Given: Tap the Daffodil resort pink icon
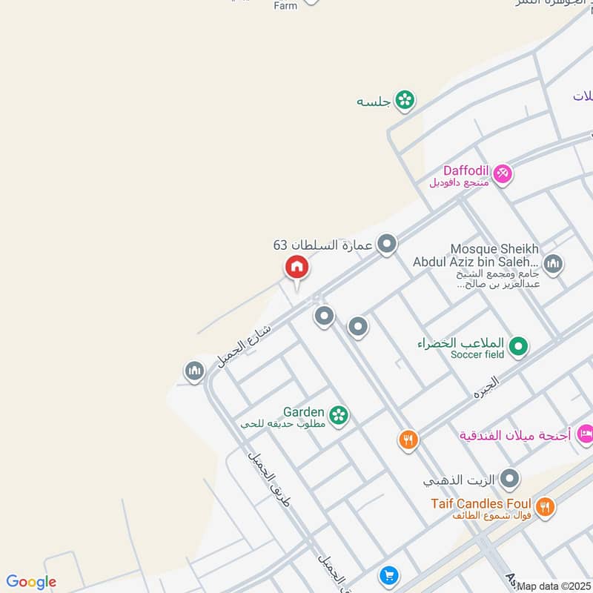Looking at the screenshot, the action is coord(503,173).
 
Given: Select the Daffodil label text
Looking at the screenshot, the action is coord(466,170).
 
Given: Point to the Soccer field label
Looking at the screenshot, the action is coord(477,355).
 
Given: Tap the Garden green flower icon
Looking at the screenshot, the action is coord(339,414).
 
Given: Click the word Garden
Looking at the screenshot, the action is coord(303,412).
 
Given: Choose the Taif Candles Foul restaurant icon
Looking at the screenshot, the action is coord(546,507).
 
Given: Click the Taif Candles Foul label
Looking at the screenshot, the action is coord(481,504).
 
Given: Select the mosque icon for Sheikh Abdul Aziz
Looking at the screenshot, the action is coord(553,263).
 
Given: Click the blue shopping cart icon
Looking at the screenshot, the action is coord(388,575).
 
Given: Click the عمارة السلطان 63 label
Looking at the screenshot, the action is coord(322,245).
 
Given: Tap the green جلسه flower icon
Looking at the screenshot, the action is coord(405,100).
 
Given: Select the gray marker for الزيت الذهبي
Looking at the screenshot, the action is coord(509,480).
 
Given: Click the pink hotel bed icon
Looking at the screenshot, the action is coord(586,434).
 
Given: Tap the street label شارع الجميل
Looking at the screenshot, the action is coord(245,343).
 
